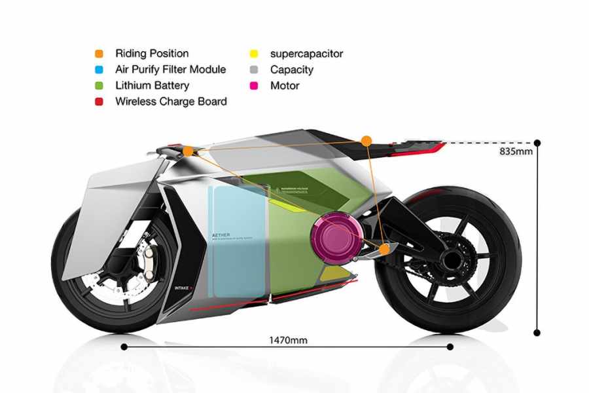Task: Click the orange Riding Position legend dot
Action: tap(98, 54)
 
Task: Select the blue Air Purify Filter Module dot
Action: tap(98, 69)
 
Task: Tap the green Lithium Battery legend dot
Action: tap(98, 85)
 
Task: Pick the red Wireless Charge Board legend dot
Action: tap(98, 102)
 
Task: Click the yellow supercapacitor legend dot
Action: tap(253, 54)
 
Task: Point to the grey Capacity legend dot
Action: tap(253, 69)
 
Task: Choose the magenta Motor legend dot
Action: tap(253, 85)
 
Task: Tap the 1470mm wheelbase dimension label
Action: tap(288, 339)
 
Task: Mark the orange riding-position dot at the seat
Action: tap(366, 140)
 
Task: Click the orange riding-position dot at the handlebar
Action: tap(188, 151)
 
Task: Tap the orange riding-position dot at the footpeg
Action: tap(385, 249)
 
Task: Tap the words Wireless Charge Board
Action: tap(171, 102)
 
